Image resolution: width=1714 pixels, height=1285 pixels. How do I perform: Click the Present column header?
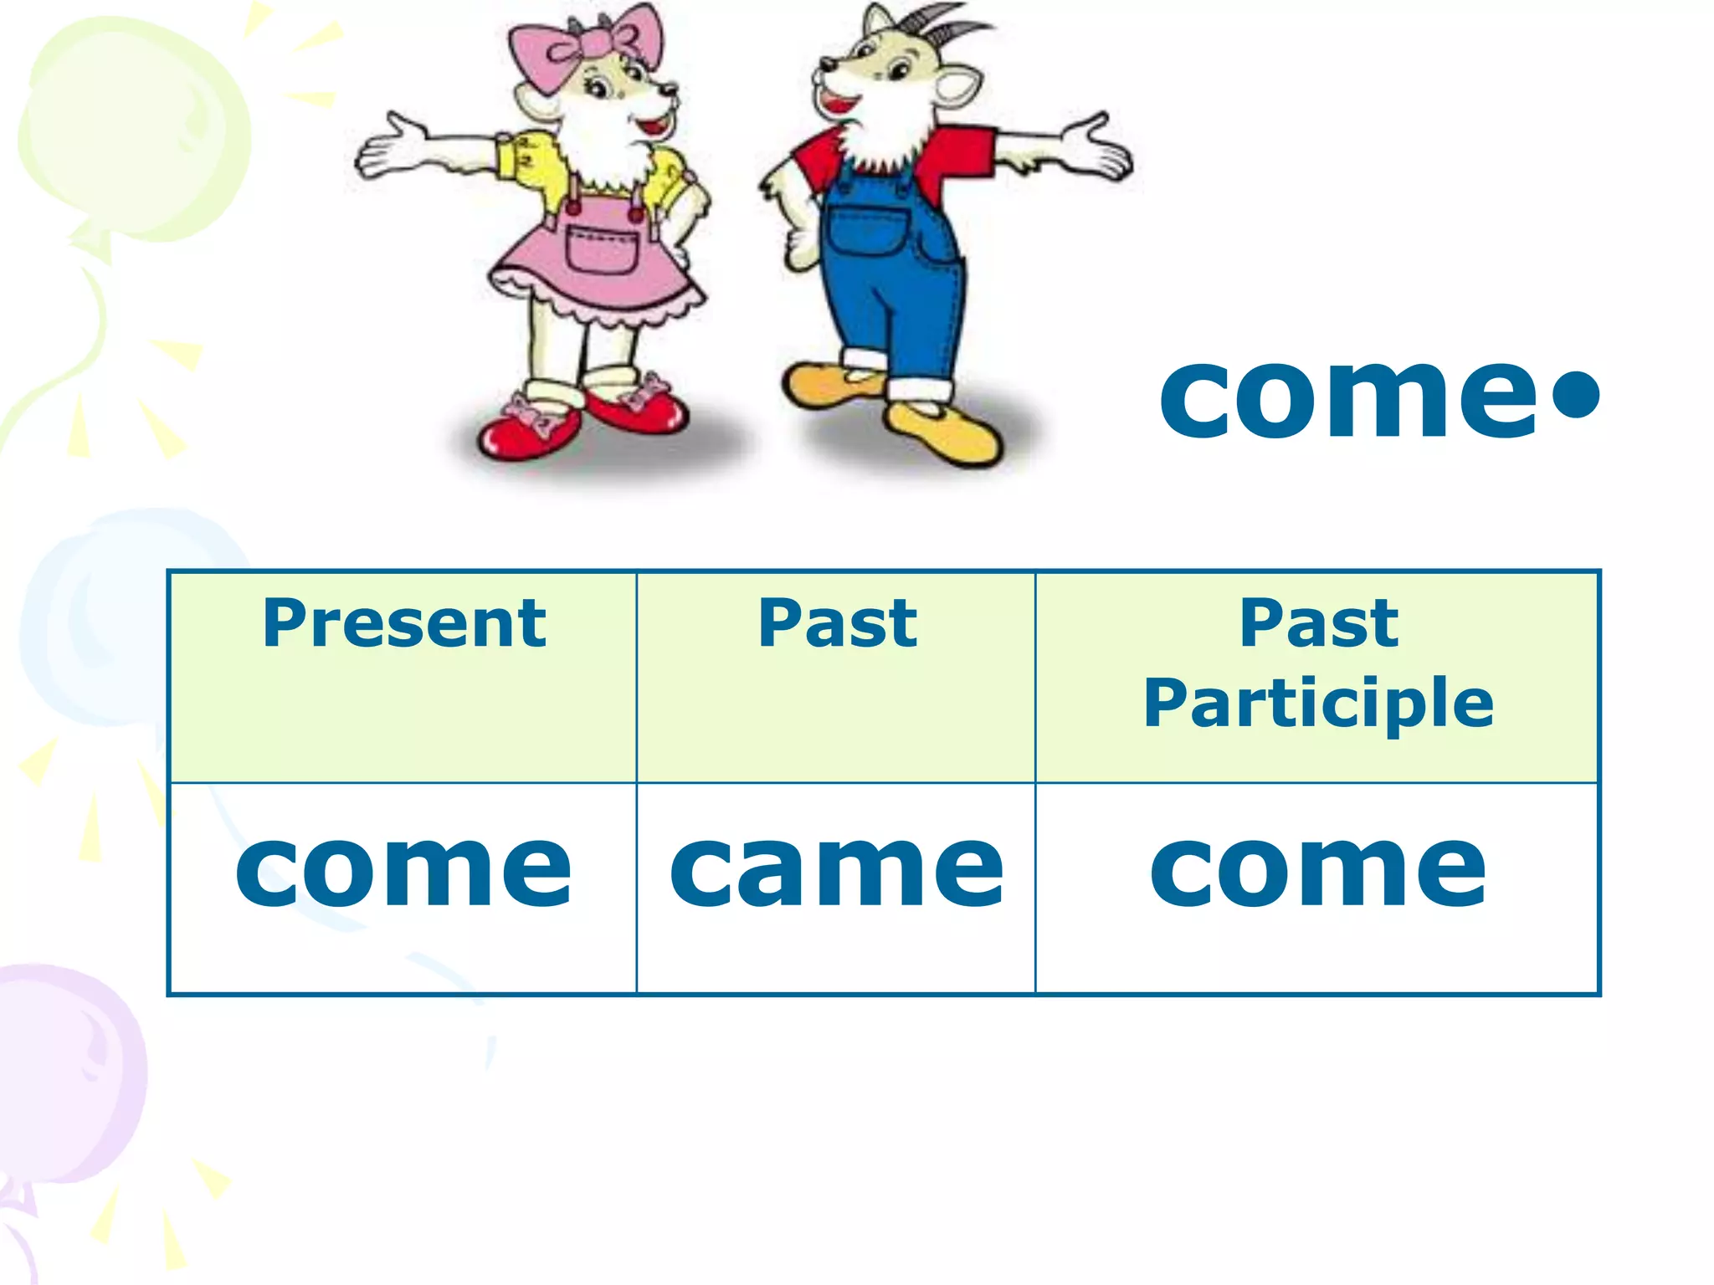click(404, 624)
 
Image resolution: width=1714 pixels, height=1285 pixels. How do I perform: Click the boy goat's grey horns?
click(954, 25)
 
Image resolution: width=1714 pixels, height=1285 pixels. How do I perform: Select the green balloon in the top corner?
click(126, 125)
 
